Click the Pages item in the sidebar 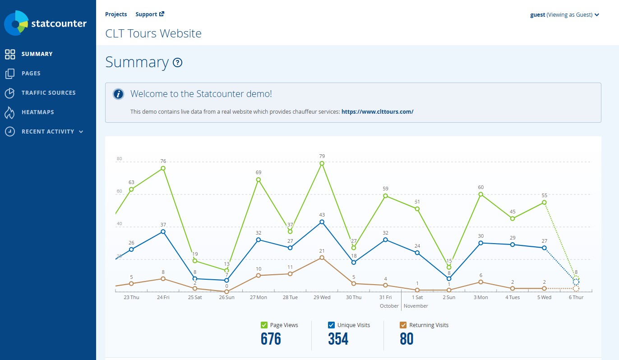click(31, 74)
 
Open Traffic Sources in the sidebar click(48, 93)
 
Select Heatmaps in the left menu click(37, 112)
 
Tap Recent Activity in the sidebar click(48, 132)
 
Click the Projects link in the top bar click(116, 14)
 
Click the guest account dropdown click(564, 15)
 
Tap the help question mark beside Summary click(178, 63)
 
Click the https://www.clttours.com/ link click(377, 111)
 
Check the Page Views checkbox click(264, 325)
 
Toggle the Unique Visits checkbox click(332, 325)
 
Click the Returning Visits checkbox click(403, 325)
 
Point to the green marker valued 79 click(322, 163)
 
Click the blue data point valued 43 click(322, 222)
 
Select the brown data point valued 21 click(322, 258)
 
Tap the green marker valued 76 click(163, 168)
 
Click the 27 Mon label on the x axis click(259, 298)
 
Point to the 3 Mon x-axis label click(481, 298)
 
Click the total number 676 click(271, 339)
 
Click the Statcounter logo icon click(16, 23)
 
